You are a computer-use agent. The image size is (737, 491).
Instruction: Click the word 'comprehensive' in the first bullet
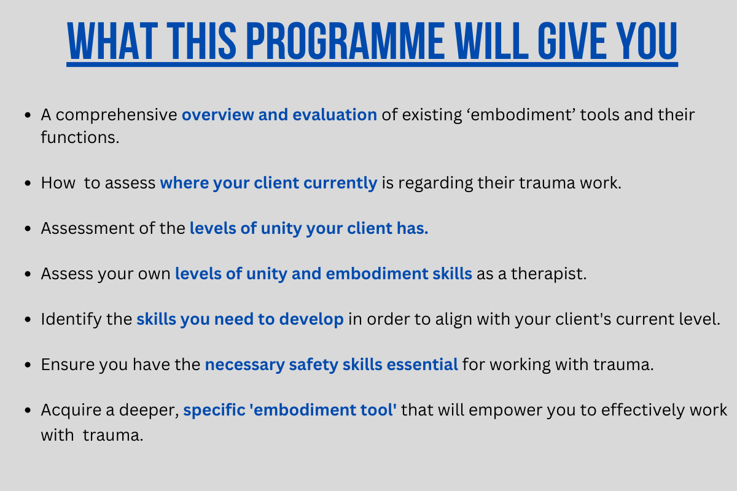coord(117,115)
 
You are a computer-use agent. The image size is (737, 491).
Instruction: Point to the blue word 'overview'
coord(218,115)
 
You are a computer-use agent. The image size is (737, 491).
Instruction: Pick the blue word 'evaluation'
coord(335,115)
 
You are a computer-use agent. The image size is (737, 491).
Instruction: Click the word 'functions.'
coord(80,137)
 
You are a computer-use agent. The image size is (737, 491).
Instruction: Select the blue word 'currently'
coord(340,184)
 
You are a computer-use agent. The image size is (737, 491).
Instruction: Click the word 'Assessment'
coord(87,228)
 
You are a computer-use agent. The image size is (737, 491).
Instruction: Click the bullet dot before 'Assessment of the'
coord(28,228)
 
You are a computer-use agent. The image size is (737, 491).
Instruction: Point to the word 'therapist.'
coord(548,274)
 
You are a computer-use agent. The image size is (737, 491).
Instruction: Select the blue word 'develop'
coord(311,320)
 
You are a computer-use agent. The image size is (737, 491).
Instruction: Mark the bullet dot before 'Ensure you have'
coord(28,365)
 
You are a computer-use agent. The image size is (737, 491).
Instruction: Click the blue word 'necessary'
coord(245,365)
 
